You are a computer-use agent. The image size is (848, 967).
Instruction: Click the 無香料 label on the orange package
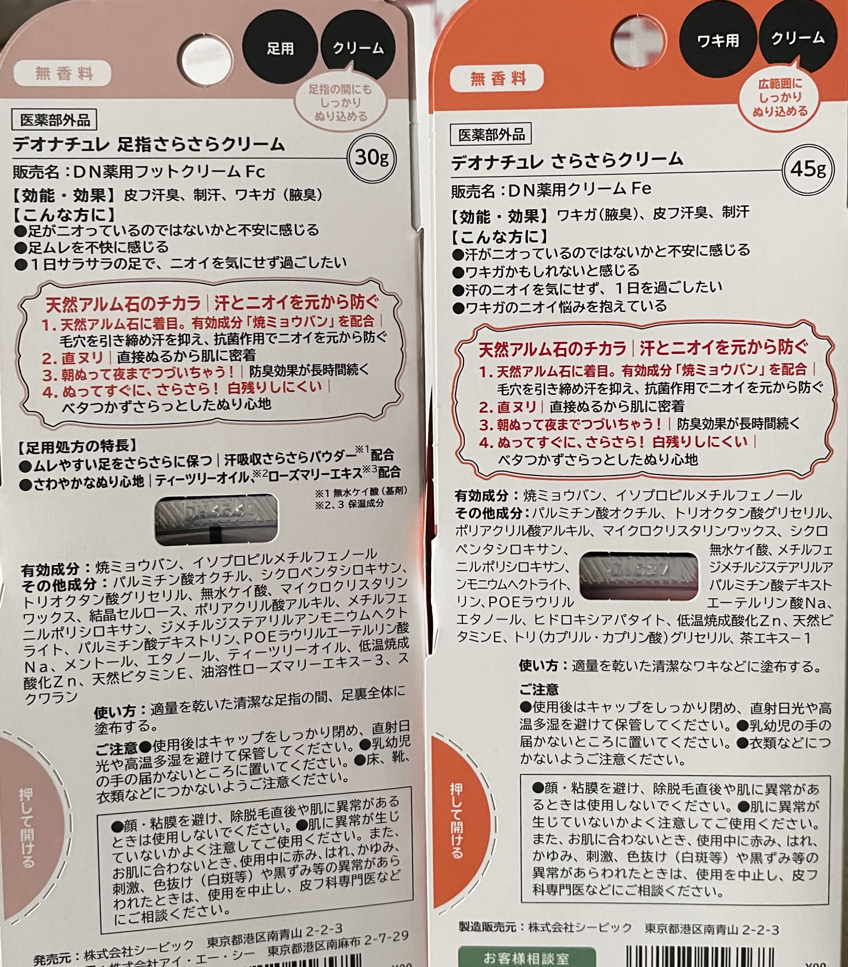(497, 78)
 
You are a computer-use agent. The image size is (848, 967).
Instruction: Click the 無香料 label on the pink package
(63, 73)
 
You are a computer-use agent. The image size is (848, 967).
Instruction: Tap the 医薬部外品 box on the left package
(54, 120)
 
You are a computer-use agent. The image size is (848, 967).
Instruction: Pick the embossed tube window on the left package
(216, 519)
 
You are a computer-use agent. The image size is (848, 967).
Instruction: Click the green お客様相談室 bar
(526, 958)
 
